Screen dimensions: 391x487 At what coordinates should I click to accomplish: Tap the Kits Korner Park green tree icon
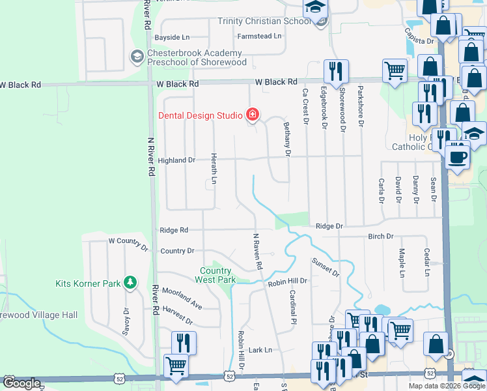[x=131, y=282]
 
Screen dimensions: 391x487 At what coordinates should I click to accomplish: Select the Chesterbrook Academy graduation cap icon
[x=137, y=57]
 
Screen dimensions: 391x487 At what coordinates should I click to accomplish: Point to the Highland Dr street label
[x=176, y=160]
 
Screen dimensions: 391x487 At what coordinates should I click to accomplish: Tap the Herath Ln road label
[x=214, y=167]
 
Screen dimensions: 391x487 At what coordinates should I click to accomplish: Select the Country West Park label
[x=216, y=275]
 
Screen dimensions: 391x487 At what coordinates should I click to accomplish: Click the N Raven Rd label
[x=257, y=251]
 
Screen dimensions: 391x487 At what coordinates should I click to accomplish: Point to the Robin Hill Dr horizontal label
[x=287, y=281]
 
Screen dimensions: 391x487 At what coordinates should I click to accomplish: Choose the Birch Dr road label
[x=381, y=237]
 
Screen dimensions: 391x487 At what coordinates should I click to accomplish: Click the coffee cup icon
[x=458, y=157]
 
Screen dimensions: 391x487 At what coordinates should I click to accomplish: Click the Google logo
[x=21, y=384]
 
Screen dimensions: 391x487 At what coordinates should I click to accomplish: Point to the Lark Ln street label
[x=260, y=350]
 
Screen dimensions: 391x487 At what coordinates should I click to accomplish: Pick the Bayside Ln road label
[x=172, y=38]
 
